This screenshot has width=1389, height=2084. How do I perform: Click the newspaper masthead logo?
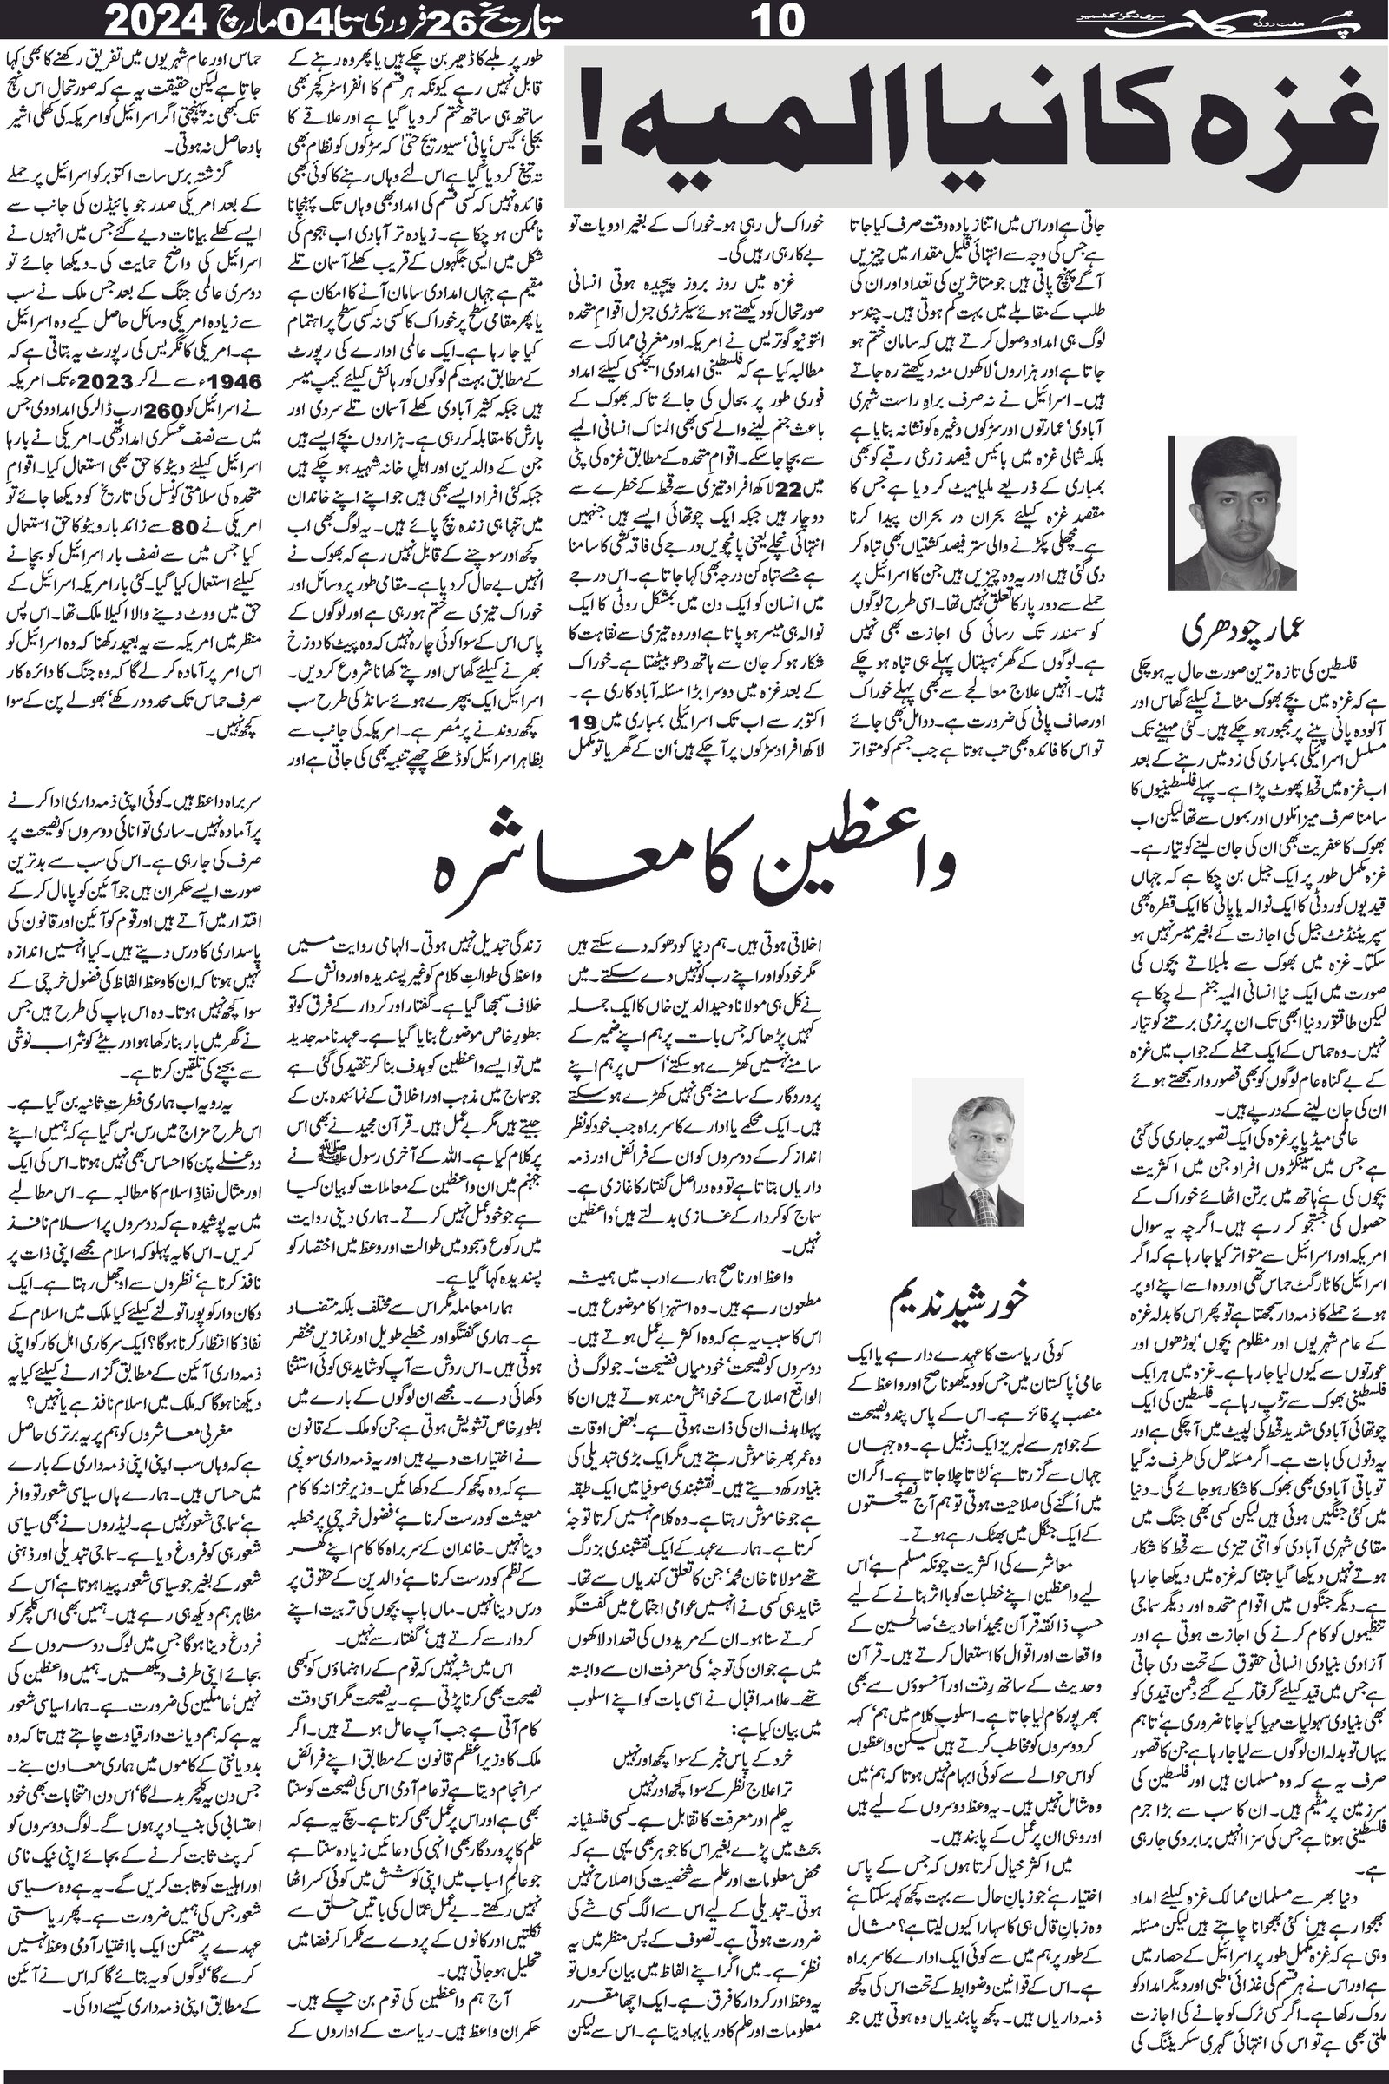[x=1302, y=18]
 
